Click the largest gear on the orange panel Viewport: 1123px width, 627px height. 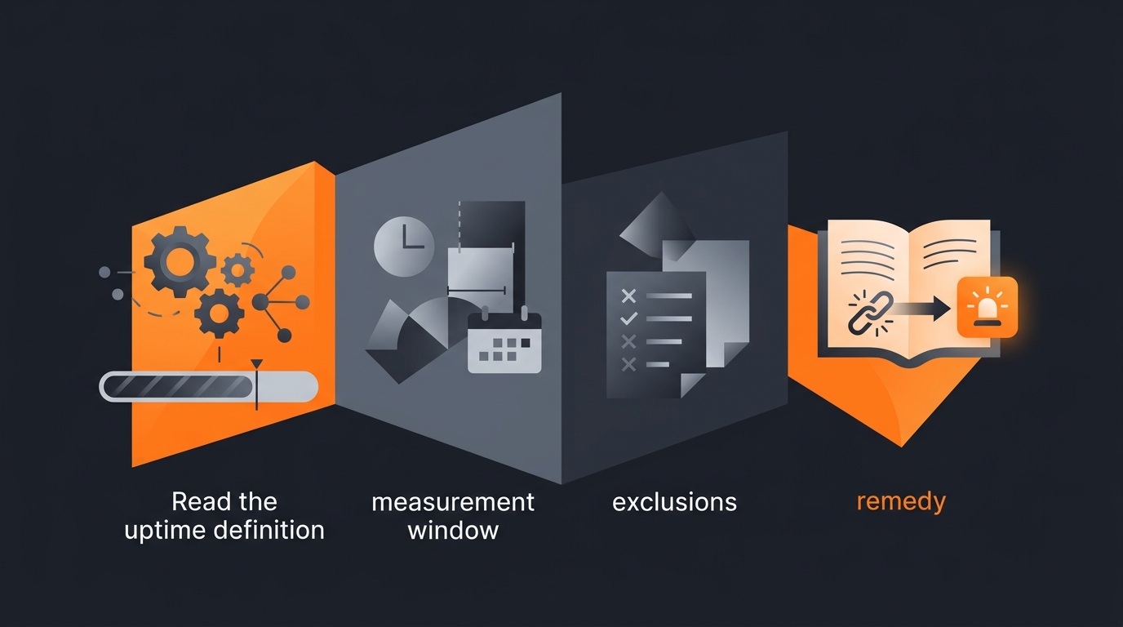pyautogui.click(x=180, y=261)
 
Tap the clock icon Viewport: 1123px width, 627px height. pyautogui.click(x=404, y=247)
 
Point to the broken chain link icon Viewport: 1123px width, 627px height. pyautogui.click(x=870, y=313)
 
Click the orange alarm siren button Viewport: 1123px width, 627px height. pyautogui.click(x=988, y=307)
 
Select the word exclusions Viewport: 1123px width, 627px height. pyautogui.click(x=674, y=501)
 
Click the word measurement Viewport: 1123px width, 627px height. pyautogui.click(x=453, y=502)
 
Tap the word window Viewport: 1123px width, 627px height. pyautogui.click(x=453, y=530)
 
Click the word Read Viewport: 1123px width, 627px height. pyautogui.click(x=195, y=501)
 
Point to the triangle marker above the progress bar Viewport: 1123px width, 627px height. pyautogui.click(x=257, y=363)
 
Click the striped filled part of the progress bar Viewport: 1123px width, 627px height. pyautogui.click(x=179, y=387)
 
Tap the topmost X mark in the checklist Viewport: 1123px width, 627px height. pyautogui.click(x=628, y=296)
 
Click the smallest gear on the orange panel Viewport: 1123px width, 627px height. pyautogui.click(x=237, y=270)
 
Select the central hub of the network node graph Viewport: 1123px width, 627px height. pyautogui.click(x=260, y=302)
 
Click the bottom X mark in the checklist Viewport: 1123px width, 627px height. pyautogui.click(x=628, y=364)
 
